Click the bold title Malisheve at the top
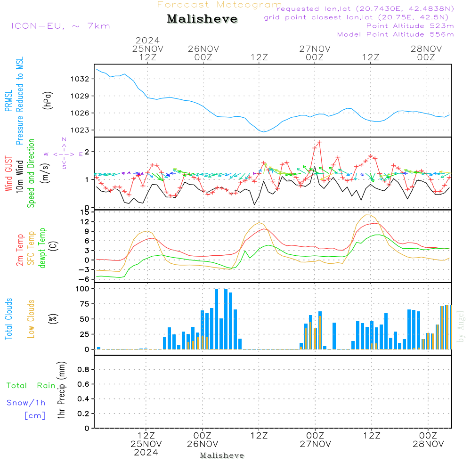click(x=202, y=19)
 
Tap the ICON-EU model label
click(x=61, y=26)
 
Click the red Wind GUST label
click(x=8, y=175)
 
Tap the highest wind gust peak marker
click(x=319, y=141)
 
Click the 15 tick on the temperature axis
click(x=84, y=212)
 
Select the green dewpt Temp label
click(x=42, y=248)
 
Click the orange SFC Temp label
click(x=31, y=248)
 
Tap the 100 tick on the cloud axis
click(x=82, y=289)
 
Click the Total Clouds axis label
click(x=8, y=319)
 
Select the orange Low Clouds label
click(x=31, y=319)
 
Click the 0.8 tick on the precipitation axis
click(x=82, y=369)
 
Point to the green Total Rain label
click(x=31, y=386)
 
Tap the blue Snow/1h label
click(x=26, y=403)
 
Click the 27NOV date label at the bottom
click(x=315, y=444)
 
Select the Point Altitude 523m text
click(x=410, y=26)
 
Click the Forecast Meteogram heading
click(x=219, y=5)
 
